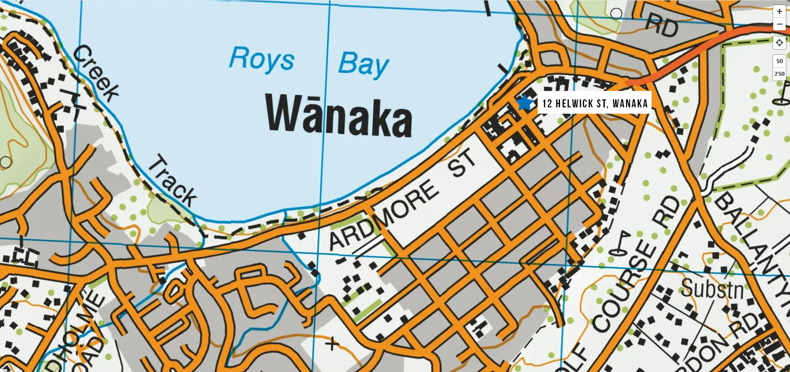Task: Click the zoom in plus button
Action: click(779, 11)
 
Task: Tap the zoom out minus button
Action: click(779, 24)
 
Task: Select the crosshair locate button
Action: click(779, 43)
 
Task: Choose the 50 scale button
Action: click(779, 61)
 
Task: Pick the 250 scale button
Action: click(779, 74)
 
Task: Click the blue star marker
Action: click(524, 103)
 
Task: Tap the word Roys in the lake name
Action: click(262, 59)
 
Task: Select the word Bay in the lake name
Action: click(363, 64)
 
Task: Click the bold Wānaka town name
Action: click(339, 115)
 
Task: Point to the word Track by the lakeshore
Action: click(172, 181)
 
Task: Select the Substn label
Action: click(712, 289)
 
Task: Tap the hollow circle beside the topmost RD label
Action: click(616, 14)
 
